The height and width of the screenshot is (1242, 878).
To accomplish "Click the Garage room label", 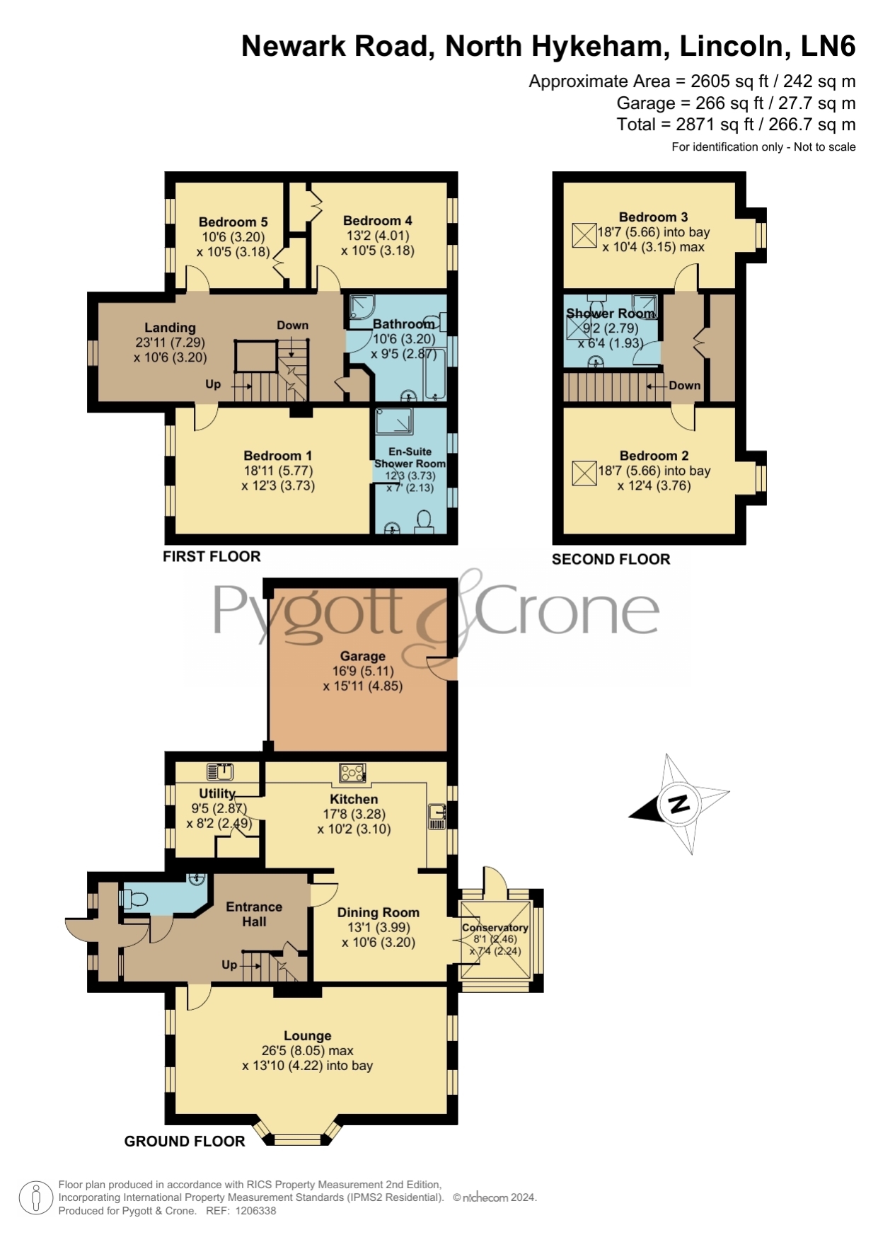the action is pyautogui.click(x=362, y=656).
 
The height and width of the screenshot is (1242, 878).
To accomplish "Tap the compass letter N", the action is pyautogui.click(x=679, y=803).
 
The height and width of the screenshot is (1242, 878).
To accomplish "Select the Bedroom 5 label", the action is pyautogui.click(x=233, y=222).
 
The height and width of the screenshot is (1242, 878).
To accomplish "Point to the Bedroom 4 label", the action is pyautogui.click(x=378, y=221).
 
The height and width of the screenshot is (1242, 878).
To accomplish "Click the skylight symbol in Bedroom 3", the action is pyautogui.click(x=584, y=235).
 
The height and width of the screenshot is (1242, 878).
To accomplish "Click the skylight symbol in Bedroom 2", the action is pyautogui.click(x=584, y=473).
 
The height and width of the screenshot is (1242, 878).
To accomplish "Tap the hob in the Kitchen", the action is pyautogui.click(x=352, y=773).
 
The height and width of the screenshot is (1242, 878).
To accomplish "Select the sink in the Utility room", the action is pyautogui.click(x=220, y=771).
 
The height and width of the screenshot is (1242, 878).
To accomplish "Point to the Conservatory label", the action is pyautogui.click(x=495, y=928).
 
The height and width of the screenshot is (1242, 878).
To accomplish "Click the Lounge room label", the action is pyautogui.click(x=308, y=1035).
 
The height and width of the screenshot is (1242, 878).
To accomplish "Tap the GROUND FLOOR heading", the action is pyautogui.click(x=185, y=1141).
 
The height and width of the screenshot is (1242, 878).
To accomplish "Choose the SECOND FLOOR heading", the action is pyautogui.click(x=611, y=559).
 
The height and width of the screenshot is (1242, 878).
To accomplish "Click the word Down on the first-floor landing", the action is pyautogui.click(x=292, y=326).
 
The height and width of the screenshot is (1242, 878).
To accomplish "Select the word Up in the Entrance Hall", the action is pyautogui.click(x=229, y=965).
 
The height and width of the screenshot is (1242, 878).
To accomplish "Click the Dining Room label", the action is pyautogui.click(x=379, y=912).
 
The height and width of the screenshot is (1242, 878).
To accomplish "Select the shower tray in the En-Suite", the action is pyautogui.click(x=394, y=420).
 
